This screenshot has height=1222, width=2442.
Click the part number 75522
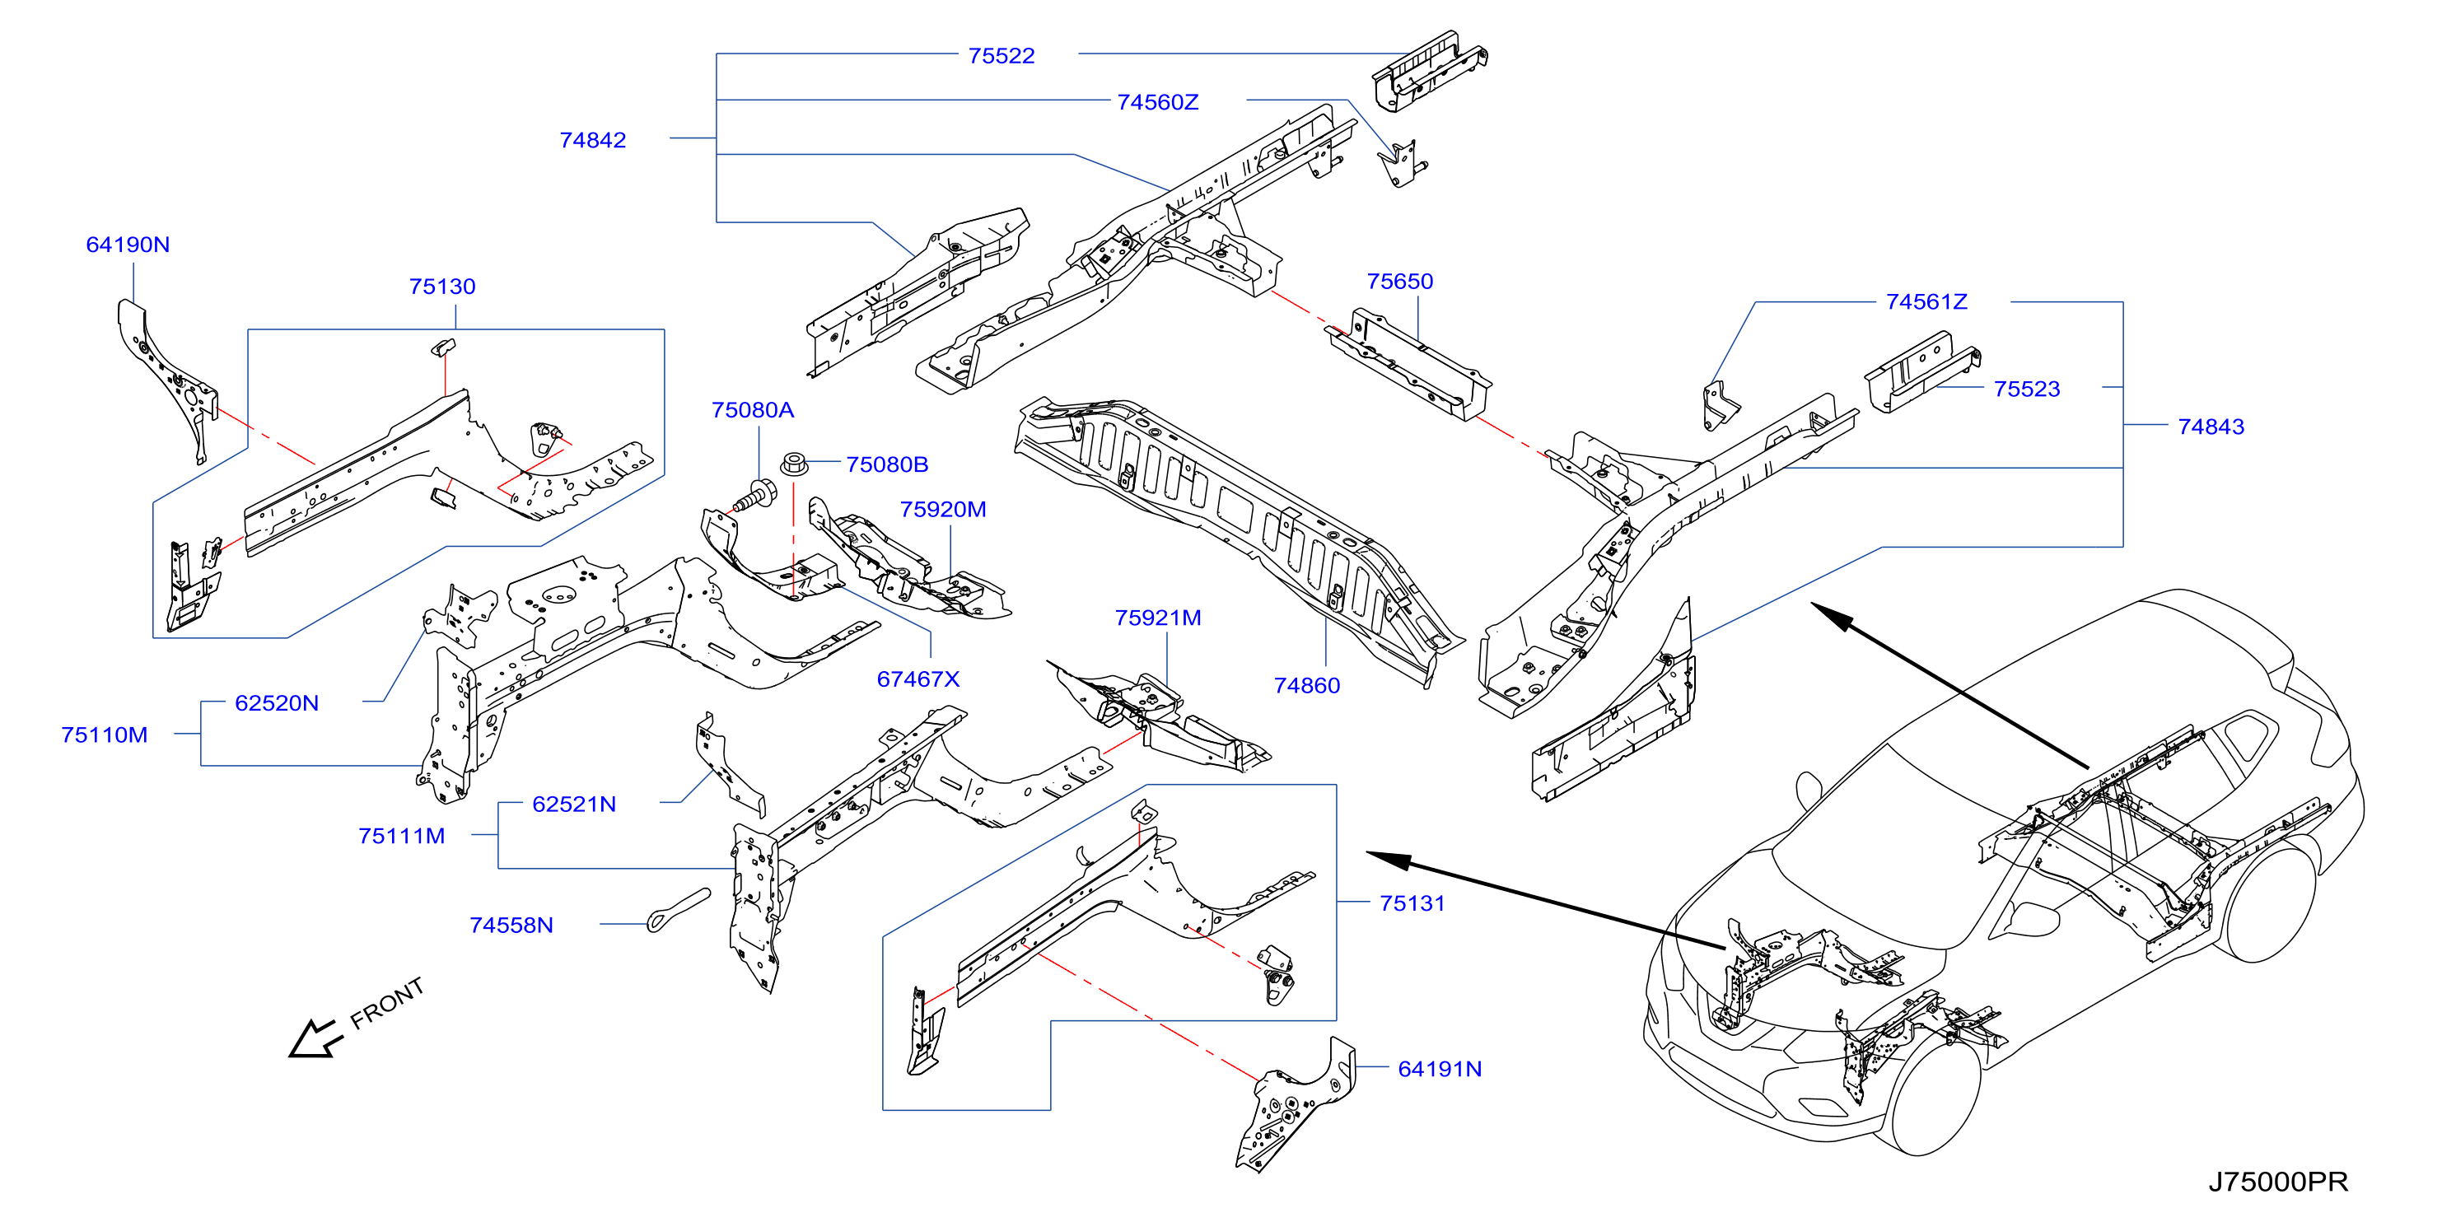[x=1001, y=56]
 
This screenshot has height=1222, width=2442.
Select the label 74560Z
[x=1157, y=102]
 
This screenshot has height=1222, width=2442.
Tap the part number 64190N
[x=128, y=245]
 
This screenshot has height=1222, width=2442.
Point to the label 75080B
[x=886, y=464]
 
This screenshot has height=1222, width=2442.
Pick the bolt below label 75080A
[x=754, y=497]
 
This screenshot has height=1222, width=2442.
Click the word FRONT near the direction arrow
[x=387, y=1003]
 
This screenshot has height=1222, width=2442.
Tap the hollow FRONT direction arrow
[x=315, y=1038]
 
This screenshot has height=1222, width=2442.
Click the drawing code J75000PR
[x=2278, y=1182]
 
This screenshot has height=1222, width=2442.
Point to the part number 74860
[x=1306, y=685]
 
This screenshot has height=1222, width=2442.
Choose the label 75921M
[x=1157, y=618]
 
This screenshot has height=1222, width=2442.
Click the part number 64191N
[x=1439, y=1070]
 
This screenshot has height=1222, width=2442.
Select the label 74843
[x=2211, y=427]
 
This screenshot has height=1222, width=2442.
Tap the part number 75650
[x=1399, y=282]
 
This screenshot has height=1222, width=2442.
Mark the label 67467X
[x=918, y=679]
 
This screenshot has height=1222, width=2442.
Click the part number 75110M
[x=105, y=735]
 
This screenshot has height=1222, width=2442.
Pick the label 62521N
[x=573, y=804]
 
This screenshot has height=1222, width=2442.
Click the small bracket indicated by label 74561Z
[x=1720, y=406]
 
